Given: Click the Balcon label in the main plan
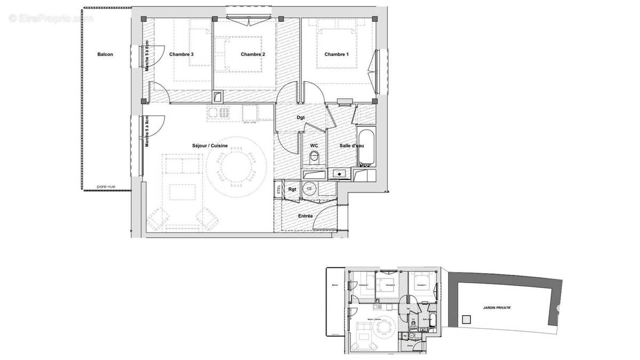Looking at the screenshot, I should pos(105,54).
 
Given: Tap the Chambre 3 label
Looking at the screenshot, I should pos(181,54).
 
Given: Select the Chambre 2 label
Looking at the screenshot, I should pos(253,54).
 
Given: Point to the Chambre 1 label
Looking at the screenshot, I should pos(337,54).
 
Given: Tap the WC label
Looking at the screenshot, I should pos(314,145).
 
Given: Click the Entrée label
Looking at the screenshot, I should pos(305,216).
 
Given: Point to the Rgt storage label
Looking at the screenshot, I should pos(292,188).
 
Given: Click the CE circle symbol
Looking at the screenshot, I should pos(309,188).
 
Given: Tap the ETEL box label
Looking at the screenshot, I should pos(278,189).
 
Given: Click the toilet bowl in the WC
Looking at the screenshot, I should pos(314,158).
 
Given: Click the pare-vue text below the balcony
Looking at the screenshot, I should pos(106,187).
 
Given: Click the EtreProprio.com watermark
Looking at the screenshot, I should pos(51,18).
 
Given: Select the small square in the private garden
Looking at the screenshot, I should pos(467,320).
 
